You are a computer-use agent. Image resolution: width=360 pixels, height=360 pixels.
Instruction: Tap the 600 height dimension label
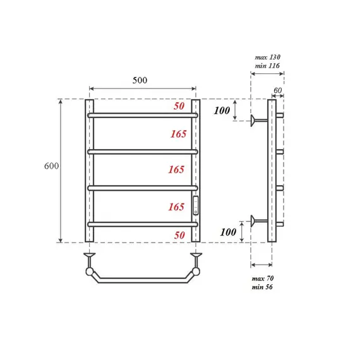tap(52, 166)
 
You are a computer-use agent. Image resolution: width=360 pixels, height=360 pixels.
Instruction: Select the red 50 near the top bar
tap(179, 107)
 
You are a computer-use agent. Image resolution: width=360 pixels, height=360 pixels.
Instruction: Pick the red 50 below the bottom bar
tap(179, 235)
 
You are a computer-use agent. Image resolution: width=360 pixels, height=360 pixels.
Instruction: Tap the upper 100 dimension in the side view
tap(221, 111)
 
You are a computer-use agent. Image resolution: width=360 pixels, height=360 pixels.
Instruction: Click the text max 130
tap(268, 57)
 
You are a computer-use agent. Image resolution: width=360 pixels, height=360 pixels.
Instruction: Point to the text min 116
tap(268, 66)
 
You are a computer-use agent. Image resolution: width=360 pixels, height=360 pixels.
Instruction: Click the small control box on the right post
tap(196, 204)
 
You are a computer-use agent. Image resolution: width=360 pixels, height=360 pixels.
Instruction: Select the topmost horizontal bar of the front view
tap(143, 116)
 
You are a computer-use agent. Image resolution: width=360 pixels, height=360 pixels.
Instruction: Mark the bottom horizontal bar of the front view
tap(143, 224)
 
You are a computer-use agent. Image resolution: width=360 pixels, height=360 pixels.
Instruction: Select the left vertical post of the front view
tap(90, 171)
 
